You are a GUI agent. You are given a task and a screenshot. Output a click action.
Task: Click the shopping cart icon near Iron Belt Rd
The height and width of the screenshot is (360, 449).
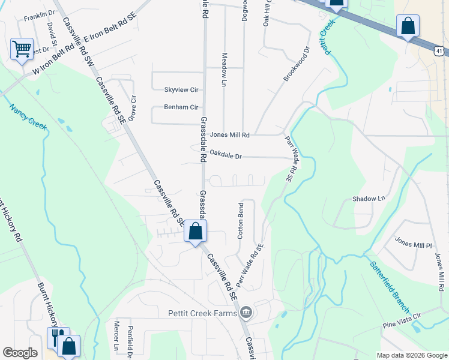pyautogui.click(x=22, y=49)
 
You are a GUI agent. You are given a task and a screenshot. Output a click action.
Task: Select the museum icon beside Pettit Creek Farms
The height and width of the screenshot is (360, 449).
pyautogui.click(x=246, y=313)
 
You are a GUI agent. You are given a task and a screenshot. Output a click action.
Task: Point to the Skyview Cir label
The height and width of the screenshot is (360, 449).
pyautogui.click(x=181, y=90)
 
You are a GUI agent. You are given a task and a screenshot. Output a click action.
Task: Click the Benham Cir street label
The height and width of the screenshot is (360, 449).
pyautogui.click(x=181, y=107)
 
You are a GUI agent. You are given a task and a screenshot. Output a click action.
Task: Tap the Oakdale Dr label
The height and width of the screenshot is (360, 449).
pyautogui.click(x=226, y=156)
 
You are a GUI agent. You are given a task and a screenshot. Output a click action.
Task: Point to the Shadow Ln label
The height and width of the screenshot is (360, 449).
pyautogui.click(x=369, y=199)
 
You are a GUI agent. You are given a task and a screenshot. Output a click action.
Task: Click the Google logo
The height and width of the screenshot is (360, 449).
pyautogui.click(x=20, y=353)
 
